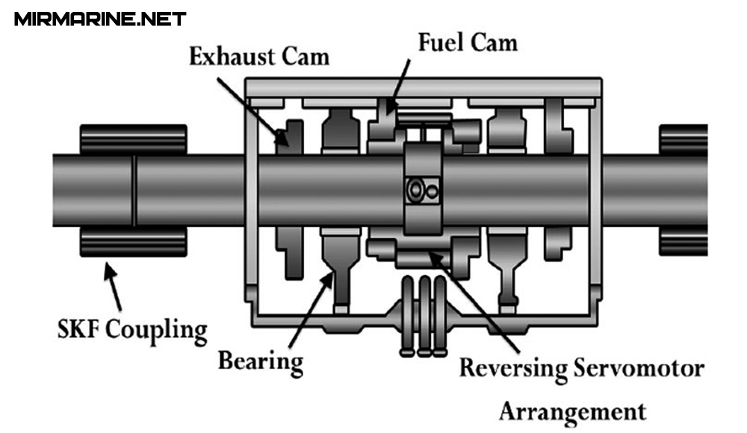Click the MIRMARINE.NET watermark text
[100, 18]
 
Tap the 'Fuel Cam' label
[468, 42]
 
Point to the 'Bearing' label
[261, 361]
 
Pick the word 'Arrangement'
[571, 410]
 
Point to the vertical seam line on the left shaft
[134, 190]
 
